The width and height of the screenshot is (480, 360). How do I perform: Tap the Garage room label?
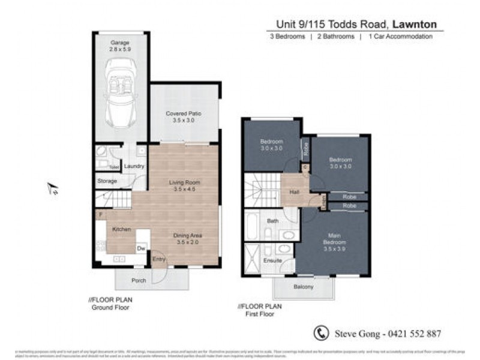pyautogui.click(x=120, y=46)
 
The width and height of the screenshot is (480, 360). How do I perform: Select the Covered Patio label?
pyautogui.click(x=183, y=116)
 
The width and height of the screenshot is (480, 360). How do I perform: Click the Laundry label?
pyautogui.click(x=135, y=166)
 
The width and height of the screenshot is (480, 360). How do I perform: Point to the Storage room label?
pyautogui.click(x=108, y=181)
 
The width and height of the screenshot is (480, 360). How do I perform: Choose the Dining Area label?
pyautogui.click(x=187, y=239)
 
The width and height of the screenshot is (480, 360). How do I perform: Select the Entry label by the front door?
pyautogui.click(x=158, y=259)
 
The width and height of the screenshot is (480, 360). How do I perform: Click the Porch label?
pyautogui.click(x=139, y=280)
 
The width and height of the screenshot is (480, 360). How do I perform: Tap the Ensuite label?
pyautogui.click(x=273, y=261)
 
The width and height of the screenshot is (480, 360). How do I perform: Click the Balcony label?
pyautogui.click(x=304, y=287)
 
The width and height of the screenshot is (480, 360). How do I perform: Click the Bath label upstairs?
pyautogui.click(x=273, y=221)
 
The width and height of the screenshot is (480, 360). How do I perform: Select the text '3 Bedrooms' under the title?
pyautogui.click(x=287, y=37)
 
